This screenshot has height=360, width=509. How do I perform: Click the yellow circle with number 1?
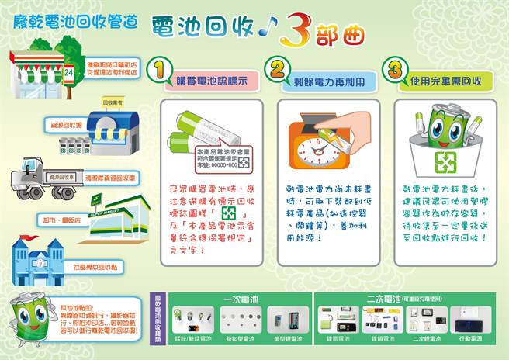coord(158,71)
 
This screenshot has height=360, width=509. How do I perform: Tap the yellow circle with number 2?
coord(276,71)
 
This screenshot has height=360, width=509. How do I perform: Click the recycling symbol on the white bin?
coord(443,161)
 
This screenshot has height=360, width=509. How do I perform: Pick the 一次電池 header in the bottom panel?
coord(235,298)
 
